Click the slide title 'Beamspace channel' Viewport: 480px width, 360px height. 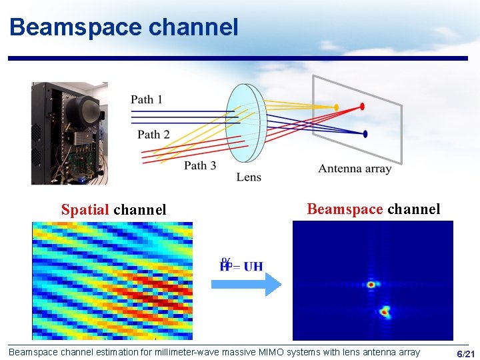pos(124,27)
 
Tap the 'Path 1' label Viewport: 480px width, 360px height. pos(147,99)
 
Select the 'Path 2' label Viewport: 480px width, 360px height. pos(153,135)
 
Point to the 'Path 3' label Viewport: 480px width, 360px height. pos(200,165)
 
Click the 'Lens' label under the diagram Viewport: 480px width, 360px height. pos(249,177)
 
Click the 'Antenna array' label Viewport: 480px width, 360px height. pos(355,169)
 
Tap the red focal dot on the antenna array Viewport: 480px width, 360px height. pos(363,106)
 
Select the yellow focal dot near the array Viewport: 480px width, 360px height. pos(337,107)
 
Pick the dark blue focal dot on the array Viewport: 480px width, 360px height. pos(365,134)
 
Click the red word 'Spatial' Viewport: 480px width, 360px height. pos(85,210)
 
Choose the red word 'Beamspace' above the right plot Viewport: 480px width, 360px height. pos(345,209)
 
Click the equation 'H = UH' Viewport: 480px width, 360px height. pos(241,266)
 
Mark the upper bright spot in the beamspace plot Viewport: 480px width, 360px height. pos(371,285)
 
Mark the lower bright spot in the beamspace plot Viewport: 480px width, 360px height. pos(385,311)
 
